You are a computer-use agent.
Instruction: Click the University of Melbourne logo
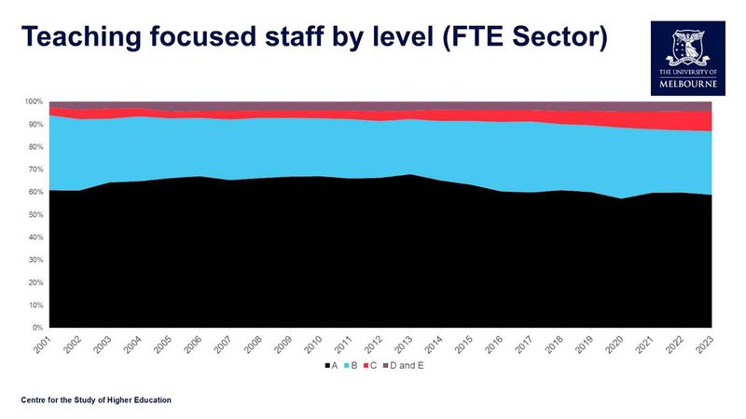tap(688, 59)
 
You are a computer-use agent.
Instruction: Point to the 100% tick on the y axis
tap(34, 101)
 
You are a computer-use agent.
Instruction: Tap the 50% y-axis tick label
tap(35, 215)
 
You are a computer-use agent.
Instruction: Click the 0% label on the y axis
tap(37, 328)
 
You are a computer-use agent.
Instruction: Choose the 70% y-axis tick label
tap(35, 169)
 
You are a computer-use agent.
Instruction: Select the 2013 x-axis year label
tap(404, 344)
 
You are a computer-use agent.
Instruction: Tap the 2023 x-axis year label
tap(705, 344)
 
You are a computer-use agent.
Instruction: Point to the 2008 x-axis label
tap(254, 344)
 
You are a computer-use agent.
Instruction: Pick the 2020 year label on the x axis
tap(615, 344)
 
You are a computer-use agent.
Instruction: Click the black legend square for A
tap(327, 366)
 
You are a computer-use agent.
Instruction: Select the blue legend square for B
tap(346, 366)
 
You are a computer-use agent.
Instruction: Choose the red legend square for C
tap(366, 366)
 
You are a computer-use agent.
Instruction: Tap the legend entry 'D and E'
tap(404, 366)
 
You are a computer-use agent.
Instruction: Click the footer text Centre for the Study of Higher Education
tap(96, 400)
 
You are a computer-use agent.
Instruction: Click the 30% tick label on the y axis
tap(35, 260)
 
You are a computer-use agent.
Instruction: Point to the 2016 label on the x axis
tap(494, 344)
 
